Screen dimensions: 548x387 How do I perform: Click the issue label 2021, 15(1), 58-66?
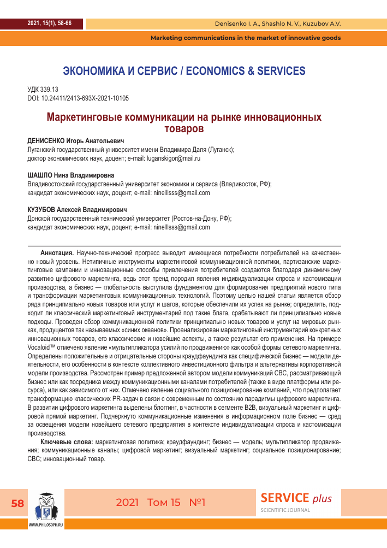pyautogui.click(x=49, y=23)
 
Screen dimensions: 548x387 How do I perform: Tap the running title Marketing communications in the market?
pyautogui.click(x=246, y=38)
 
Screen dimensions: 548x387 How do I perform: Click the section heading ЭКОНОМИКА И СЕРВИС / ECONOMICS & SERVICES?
pyautogui.click(x=184, y=71)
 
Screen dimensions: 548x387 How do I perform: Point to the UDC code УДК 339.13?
pyautogui.click(x=43, y=90)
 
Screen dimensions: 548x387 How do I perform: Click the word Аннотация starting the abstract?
pyautogui.click(x=57, y=254)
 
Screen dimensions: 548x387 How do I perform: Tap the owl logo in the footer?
pyautogui.click(x=46, y=505)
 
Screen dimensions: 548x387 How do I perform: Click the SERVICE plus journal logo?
pyautogui.click(x=296, y=498)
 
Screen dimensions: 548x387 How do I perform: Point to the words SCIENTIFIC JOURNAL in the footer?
pyautogui.click(x=285, y=510)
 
